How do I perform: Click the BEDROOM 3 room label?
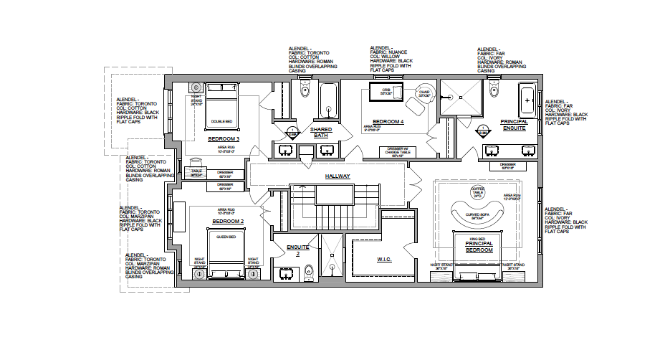pyautogui.click(x=224, y=138)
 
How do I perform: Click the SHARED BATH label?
pyautogui.click(x=320, y=132)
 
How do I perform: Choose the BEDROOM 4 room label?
pyautogui.click(x=388, y=122)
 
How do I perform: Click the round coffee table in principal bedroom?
pyautogui.click(x=477, y=191)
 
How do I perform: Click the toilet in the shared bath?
pyautogui.click(x=305, y=90)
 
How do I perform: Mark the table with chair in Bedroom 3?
pyautogui.click(x=196, y=172)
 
